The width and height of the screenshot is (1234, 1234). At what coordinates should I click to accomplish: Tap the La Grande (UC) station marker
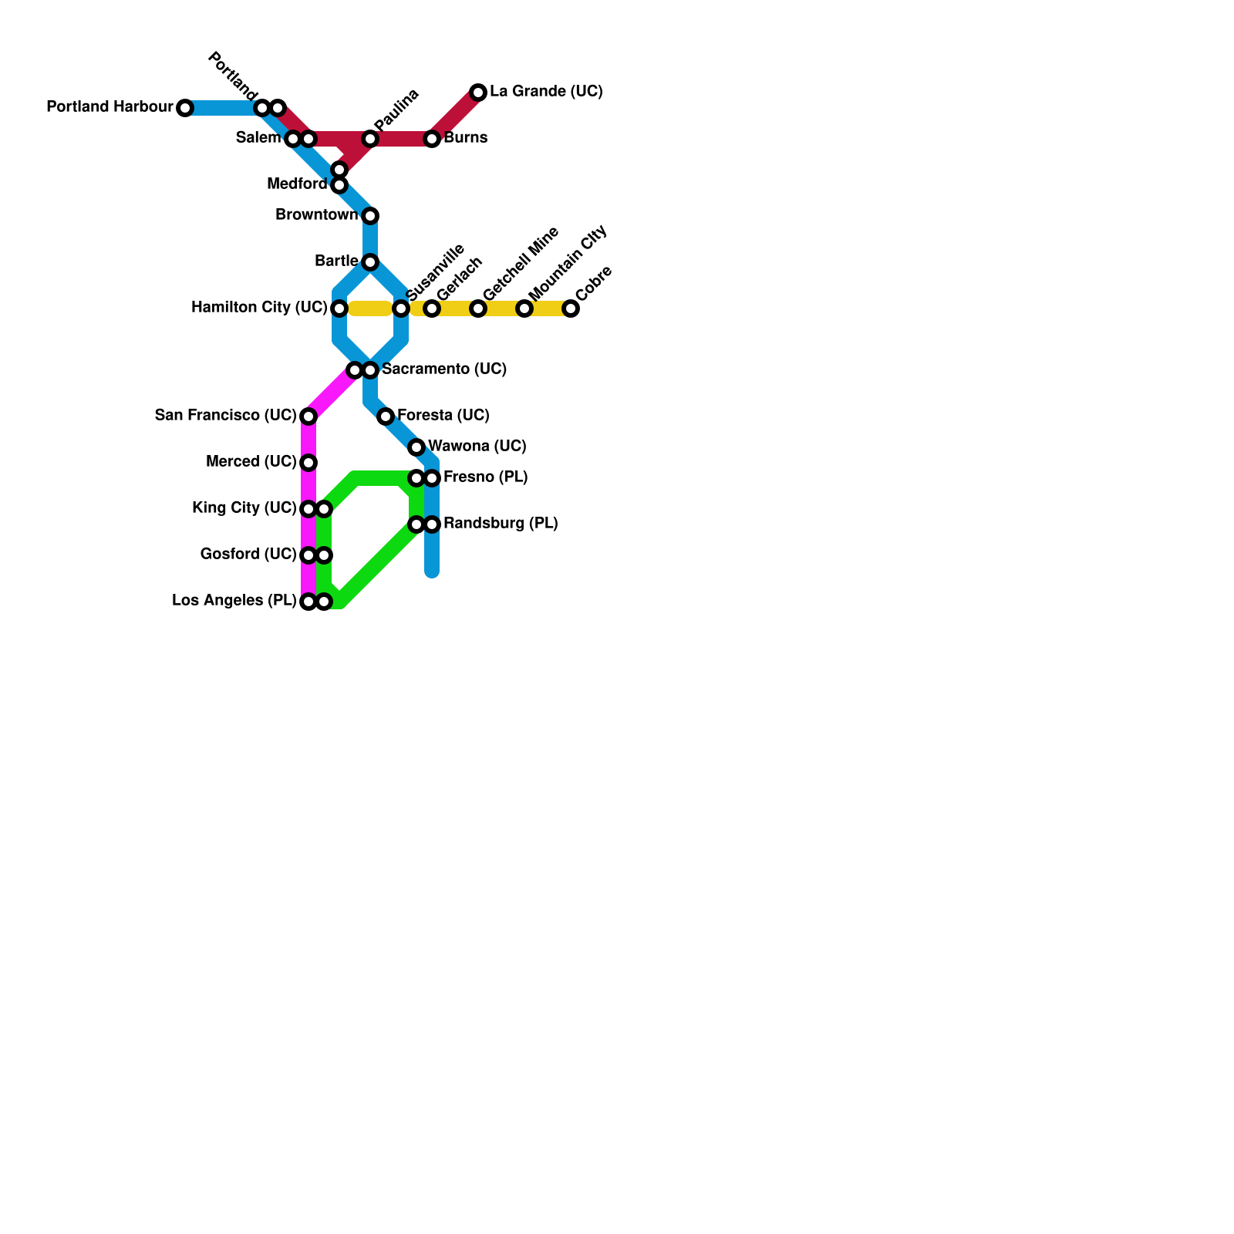click(x=478, y=93)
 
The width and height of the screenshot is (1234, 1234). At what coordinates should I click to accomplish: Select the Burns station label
click(x=465, y=138)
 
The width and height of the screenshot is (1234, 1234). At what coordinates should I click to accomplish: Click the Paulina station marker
click(x=370, y=139)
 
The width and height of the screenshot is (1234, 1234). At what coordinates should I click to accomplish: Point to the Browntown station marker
click(x=370, y=216)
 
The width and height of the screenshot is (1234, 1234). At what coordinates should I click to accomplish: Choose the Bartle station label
click(x=336, y=261)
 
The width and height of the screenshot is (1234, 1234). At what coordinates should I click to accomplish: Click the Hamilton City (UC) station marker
click(x=339, y=308)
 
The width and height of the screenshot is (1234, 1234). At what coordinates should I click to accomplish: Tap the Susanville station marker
click(x=401, y=308)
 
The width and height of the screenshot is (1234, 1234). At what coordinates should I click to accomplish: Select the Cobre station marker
click(x=571, y=308)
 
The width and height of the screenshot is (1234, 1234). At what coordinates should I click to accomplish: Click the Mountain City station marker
click(x=524, y=308)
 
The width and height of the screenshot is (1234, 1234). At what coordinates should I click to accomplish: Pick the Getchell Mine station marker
click(x=478, y=308)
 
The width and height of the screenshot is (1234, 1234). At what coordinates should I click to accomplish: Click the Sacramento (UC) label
click(x=444, y=369)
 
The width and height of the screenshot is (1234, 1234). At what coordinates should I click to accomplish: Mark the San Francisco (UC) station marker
click(x=308, y=416)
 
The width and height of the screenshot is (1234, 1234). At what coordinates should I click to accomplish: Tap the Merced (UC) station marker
click(x=308, y=463)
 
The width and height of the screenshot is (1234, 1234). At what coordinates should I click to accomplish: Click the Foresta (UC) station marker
click(x=386, y=416)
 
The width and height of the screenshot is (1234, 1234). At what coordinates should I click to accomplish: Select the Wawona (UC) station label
click(x=477, y=447)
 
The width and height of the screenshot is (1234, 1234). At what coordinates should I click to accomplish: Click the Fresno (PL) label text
click(x=485, y=477)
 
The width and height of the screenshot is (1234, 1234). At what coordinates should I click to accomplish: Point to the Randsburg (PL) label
click(x=501, y=524)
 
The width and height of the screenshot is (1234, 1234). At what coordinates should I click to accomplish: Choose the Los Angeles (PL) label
click(x=234, y=601)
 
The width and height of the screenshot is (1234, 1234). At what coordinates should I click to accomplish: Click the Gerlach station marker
click(x=432, y=308)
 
